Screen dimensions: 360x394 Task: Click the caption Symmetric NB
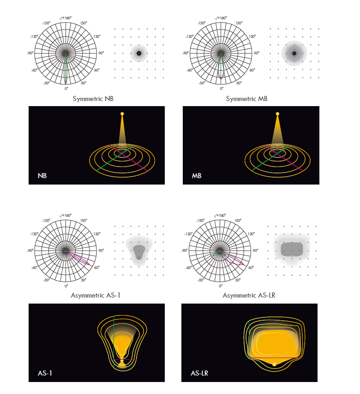tap(93, 99)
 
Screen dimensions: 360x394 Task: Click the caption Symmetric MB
tap(246, 99)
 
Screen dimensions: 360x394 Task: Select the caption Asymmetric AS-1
tap(96, 295)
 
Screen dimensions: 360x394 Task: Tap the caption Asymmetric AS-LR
tap(249, 295)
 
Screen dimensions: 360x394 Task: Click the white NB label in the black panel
tap(42, 176)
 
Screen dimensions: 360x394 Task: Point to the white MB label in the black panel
tap(197, 176)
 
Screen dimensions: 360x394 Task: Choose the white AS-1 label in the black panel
tap(45, 373)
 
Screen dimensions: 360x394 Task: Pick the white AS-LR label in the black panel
tap(199, 373)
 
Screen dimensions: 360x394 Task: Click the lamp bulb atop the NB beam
tap(122, 114)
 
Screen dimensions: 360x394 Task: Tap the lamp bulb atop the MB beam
tap(277, 114)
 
